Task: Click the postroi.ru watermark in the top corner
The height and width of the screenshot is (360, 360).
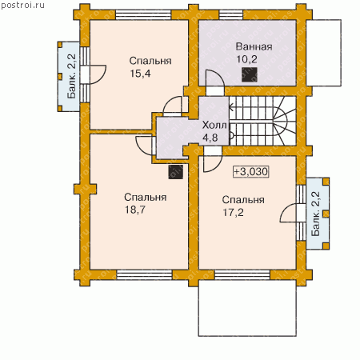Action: point(22,5)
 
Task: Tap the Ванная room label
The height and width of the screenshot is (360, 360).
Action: point(254,46)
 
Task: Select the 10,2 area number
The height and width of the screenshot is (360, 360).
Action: point(246,59)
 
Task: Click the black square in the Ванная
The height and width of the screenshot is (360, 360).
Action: point(250,74)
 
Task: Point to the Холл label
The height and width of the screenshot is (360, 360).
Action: point(214,125)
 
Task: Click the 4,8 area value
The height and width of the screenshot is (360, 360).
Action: point(210,138)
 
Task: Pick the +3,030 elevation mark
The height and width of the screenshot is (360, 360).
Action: point(250,171)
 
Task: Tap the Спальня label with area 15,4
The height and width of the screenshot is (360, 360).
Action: point(150,61)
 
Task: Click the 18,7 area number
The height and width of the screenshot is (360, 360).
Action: point(135,210)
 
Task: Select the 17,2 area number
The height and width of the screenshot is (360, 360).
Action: point(233,213)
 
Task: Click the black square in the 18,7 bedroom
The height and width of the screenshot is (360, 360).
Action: point(176,172)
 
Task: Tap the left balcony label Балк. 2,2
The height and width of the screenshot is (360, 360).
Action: point(71,76)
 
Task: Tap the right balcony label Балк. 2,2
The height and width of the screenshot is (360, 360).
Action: point(316,214)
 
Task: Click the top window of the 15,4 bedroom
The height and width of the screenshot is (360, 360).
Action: point(143,15)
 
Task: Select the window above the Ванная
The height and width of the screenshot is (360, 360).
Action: point(231,15)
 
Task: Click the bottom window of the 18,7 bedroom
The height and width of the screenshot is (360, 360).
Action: point(144,274)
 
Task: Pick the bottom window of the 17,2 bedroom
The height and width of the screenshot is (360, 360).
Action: point(242,274)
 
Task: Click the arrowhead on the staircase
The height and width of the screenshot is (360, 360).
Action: point(231,108)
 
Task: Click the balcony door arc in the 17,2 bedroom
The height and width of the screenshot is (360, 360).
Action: point(283,210)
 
